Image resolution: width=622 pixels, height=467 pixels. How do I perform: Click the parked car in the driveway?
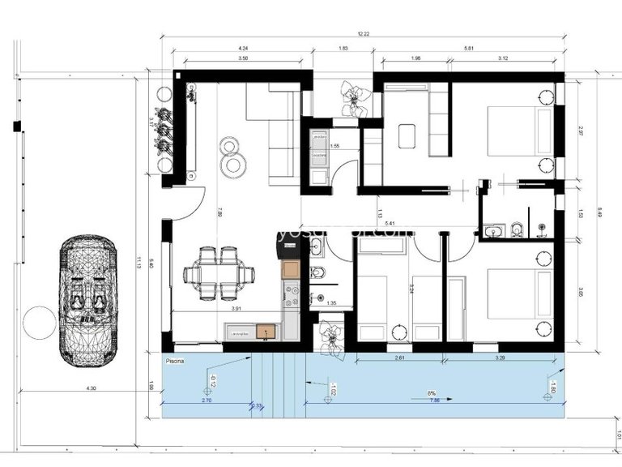coord(87,300)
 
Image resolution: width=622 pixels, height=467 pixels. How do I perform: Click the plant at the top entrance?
coord(353,96)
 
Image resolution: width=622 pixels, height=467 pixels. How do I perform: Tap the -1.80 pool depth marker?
coord(553,387)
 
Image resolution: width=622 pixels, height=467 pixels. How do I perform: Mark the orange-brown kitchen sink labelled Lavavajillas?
coord(264,331)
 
